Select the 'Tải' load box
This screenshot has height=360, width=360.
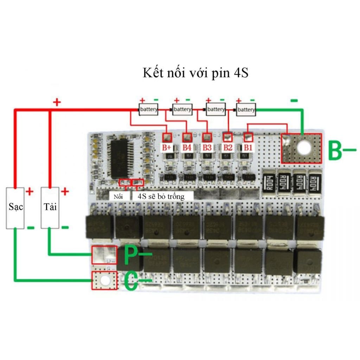pyautogui.click(x=50, y=207)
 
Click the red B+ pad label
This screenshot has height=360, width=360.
pyautogui.click(x=167, y=147)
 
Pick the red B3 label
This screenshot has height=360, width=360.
pyautogui.click(x=207, y=147)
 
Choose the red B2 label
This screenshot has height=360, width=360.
pyautogui.click(x=228, y=147)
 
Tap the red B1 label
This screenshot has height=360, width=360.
pyautogui.click(x=248, y=147)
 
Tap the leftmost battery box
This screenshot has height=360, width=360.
pyautogui.click(x=149, y=110)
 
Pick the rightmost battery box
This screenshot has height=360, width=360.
pyautogui.click(x=246, y=110)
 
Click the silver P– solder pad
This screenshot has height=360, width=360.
pyautogui.click(x=104, y=255)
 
